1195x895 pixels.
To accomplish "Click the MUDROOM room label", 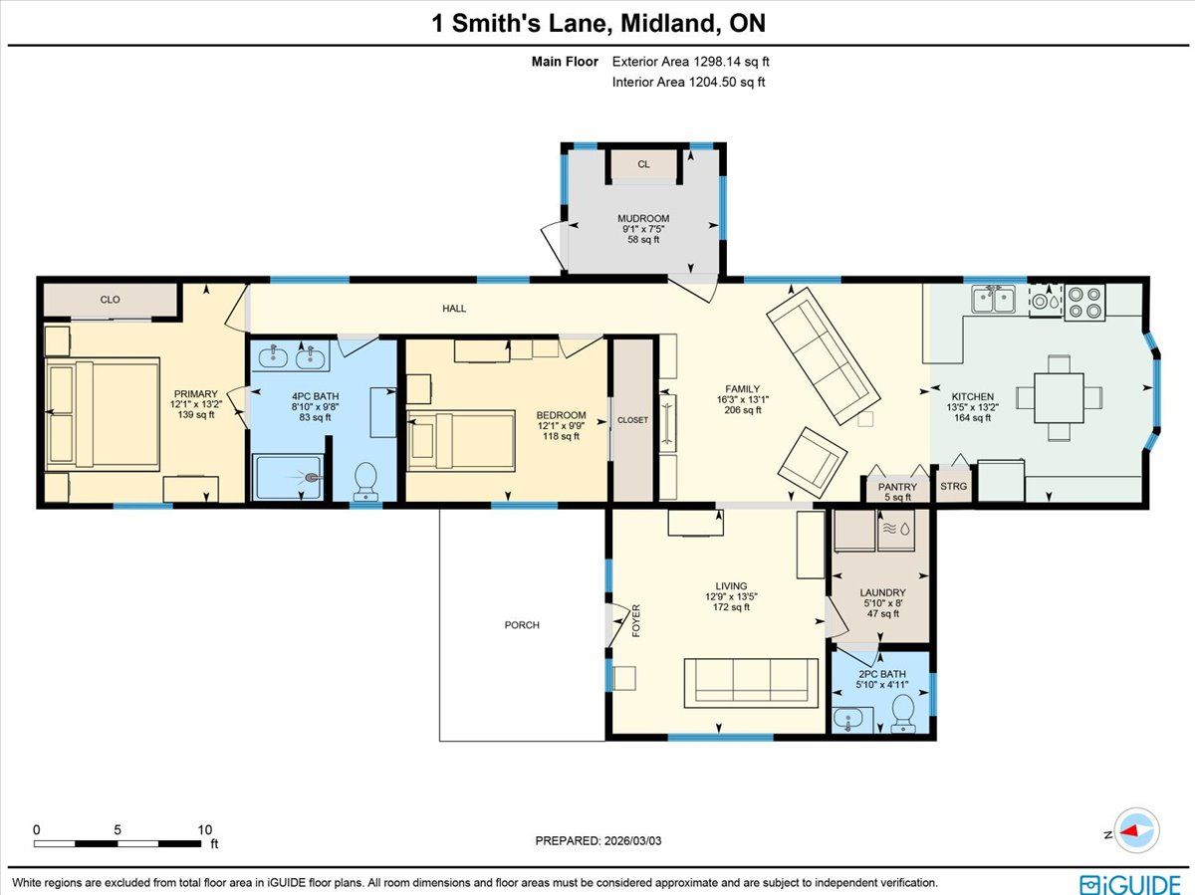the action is coord(643,218).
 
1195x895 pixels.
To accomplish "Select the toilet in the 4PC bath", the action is coord(365,481).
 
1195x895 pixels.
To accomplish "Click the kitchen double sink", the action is coord(994,300).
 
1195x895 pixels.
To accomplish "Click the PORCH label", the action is coord(522,625).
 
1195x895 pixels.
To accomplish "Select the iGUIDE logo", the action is coord(1130,884).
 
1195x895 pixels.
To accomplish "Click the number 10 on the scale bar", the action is coord(205,829).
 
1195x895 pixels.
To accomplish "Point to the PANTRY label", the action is coord(897,487).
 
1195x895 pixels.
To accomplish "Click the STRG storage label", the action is coord(953,487).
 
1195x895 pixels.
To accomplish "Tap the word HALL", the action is coord(454,309).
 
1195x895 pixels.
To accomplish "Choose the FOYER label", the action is coord(636,620).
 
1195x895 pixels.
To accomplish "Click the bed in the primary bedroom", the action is coord(103,414).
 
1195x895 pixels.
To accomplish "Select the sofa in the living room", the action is coord(751,683).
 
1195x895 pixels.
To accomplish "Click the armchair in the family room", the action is coord(813,463).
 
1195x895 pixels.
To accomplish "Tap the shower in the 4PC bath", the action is coord(289,477).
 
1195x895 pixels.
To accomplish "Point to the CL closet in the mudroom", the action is coord(643,164).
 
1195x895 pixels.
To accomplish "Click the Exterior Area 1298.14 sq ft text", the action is coord(690,62).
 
